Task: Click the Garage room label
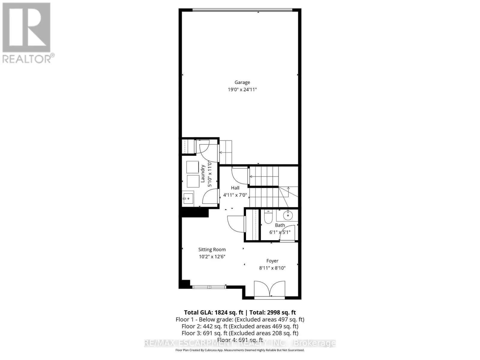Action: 242,82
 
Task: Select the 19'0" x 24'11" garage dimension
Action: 242,89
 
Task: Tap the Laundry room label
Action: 203,174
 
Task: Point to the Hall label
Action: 235,188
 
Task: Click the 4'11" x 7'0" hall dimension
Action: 235,195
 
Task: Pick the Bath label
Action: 280,225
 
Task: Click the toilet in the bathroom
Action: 268,217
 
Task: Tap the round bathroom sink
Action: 288,215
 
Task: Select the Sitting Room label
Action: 212,250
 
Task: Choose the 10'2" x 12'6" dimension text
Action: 212,256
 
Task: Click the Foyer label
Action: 272,261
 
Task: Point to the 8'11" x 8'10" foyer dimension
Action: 272,268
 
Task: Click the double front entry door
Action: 269,289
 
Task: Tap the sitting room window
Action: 209,287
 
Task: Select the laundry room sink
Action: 188,198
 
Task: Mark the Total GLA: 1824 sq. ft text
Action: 213,313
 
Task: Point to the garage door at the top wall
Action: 242,10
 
